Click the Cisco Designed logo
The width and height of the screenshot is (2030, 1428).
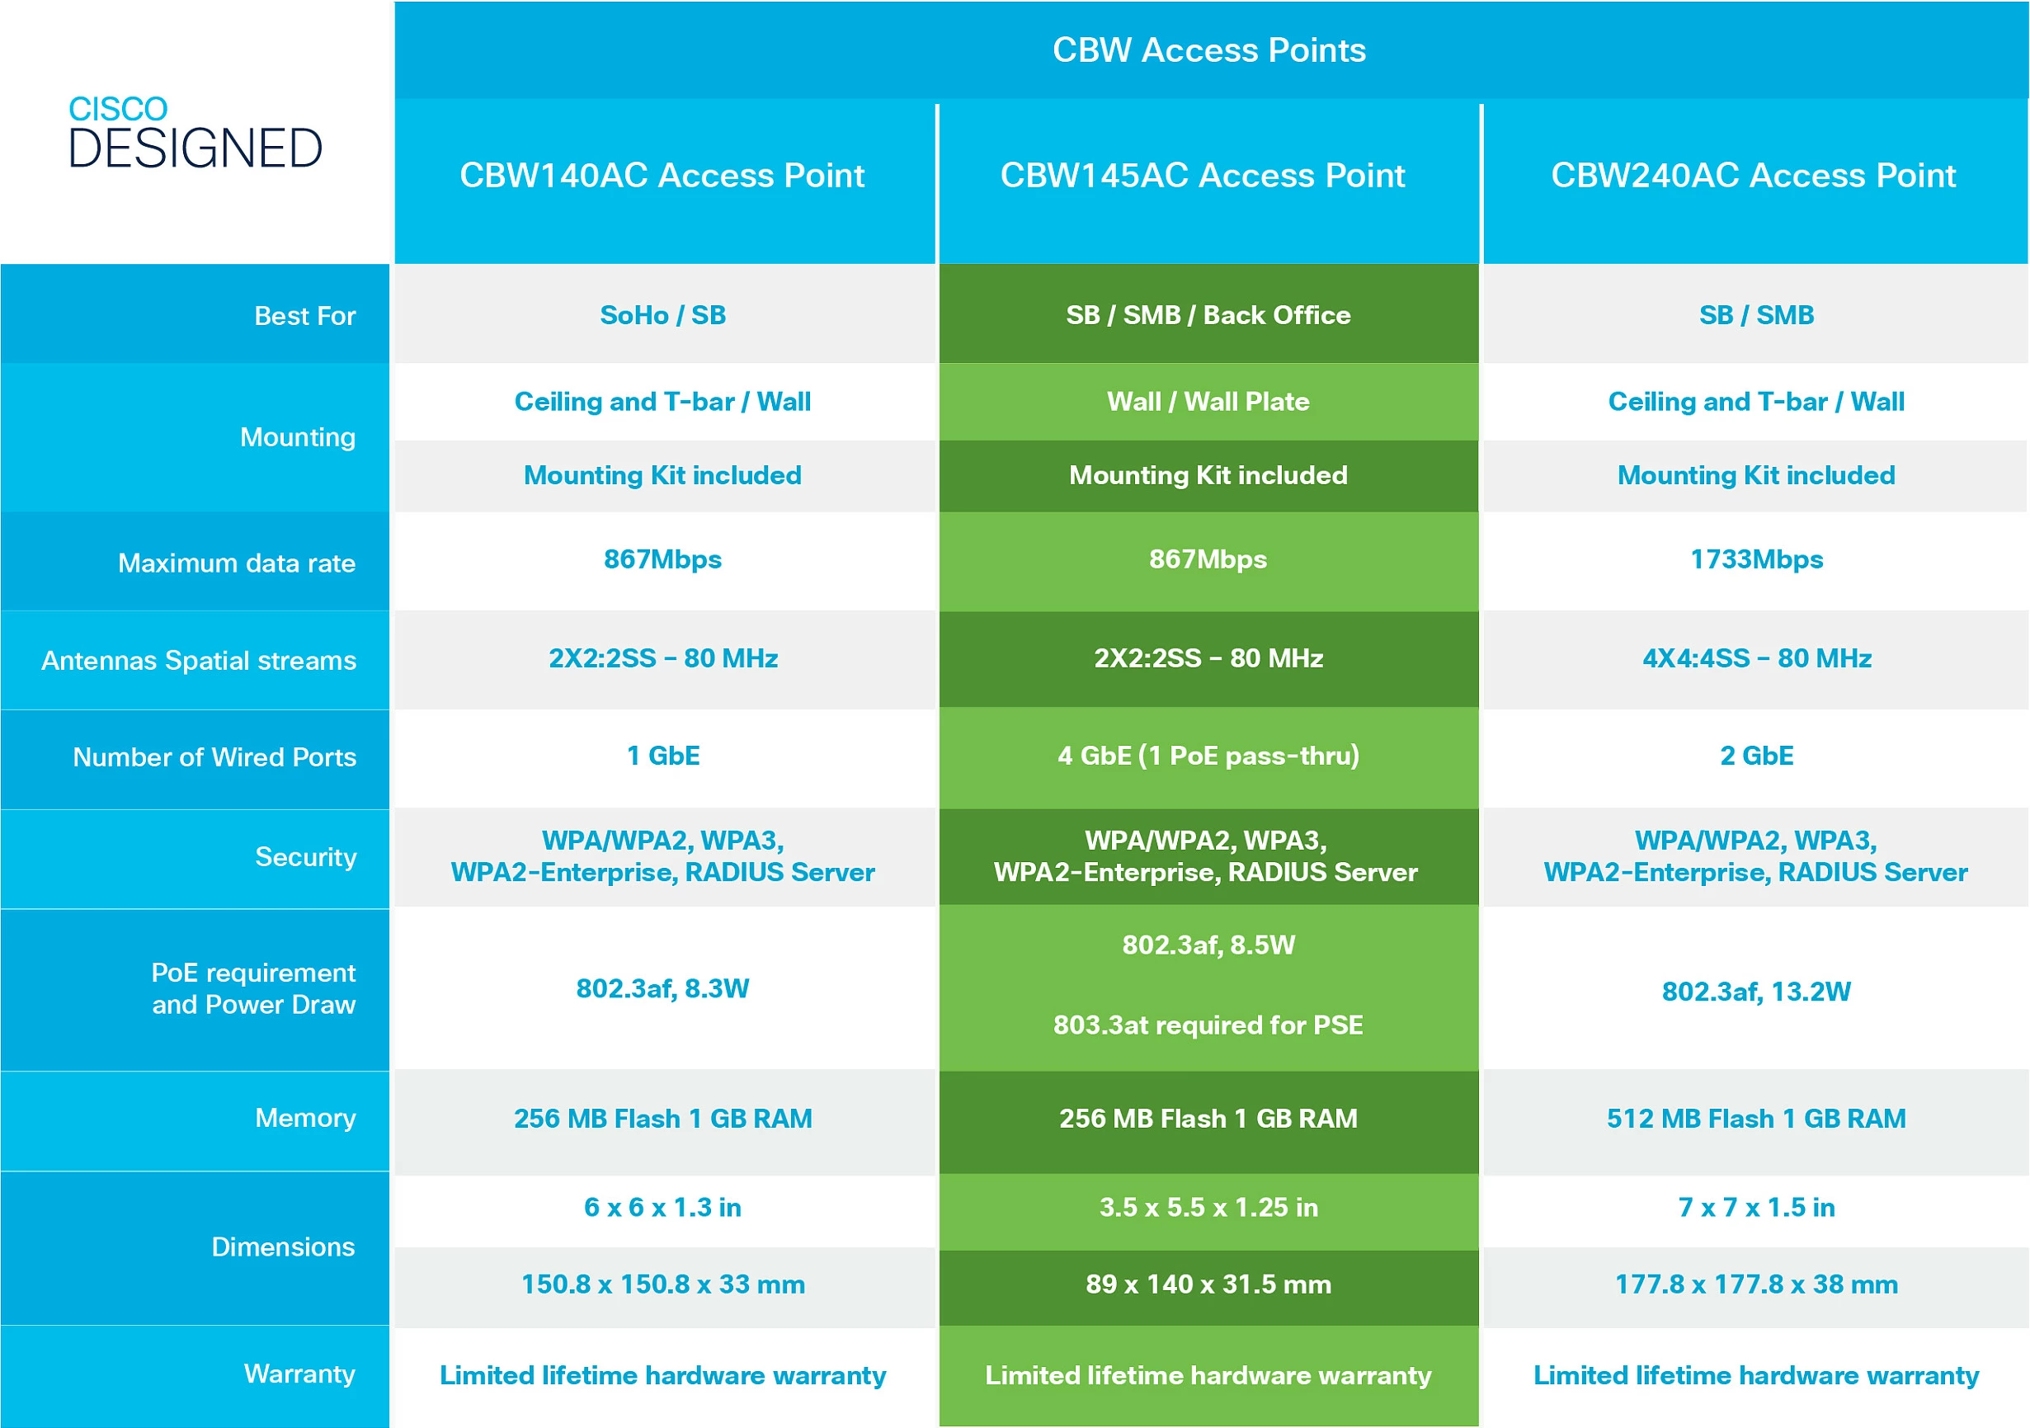[x=195, y=133]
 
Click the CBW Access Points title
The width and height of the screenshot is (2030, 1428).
[x=1208, y=50]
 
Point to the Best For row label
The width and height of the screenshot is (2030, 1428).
[x=304, y=316]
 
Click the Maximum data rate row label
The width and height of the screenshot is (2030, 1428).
[x=236, y=563]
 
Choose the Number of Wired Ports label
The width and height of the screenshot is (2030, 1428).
[x=214, y=756]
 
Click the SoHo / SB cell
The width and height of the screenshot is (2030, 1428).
[x=663, y=315]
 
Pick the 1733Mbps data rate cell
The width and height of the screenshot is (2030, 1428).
[x=1756, y=559]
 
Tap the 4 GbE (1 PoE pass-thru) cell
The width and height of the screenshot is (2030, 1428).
[x=1208, y=756]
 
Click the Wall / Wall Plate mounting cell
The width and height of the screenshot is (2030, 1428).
[x=1208, y=403]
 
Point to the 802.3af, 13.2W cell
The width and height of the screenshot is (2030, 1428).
[x=1756, y=992]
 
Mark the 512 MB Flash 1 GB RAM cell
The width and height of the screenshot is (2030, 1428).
[x=1756, y=1119]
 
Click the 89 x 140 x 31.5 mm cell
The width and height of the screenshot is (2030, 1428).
[x=1208, y=1284]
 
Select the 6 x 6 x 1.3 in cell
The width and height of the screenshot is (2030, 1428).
[x=663, y=1207]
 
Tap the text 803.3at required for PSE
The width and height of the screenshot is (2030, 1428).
[x=1208, y=1025]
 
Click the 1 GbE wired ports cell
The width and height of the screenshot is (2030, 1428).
[x=663, y=756]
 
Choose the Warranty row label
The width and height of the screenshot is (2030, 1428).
[x=299, y=1374]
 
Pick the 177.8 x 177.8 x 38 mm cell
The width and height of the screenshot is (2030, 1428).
[x=1756, y=1284]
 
